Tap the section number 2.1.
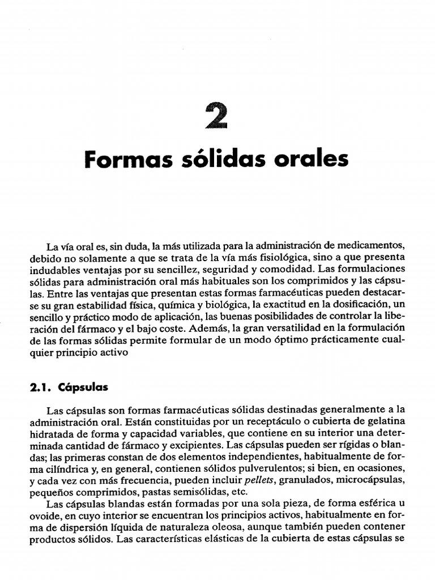[x=40, y=388]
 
